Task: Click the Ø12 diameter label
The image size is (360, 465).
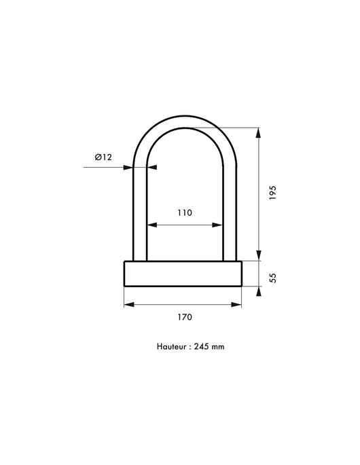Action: [103, 157]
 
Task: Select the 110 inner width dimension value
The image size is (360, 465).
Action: [185, 212]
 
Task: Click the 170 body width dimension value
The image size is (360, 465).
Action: [185, 317]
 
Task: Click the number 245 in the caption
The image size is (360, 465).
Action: [201, 346]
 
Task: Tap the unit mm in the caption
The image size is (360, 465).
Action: [218, 346]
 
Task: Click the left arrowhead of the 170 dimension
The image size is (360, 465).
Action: [128, 305]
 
